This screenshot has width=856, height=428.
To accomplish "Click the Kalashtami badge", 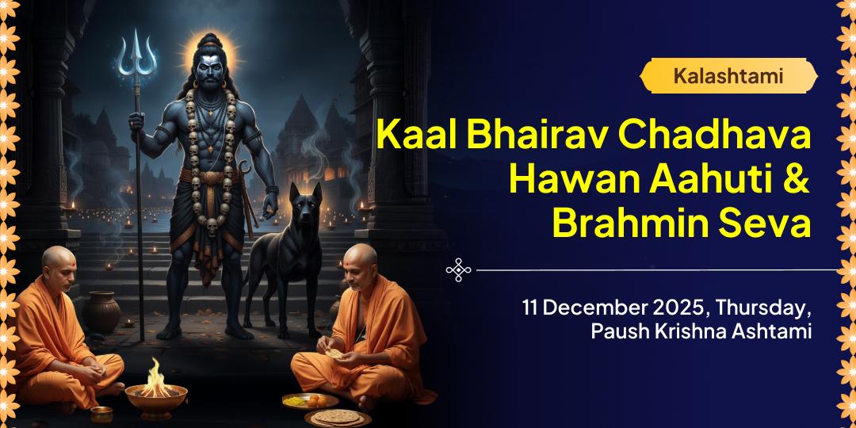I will pos(728,76).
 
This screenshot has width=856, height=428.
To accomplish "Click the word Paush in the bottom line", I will pos(618,331).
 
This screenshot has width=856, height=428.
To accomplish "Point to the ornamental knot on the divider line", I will pos(459,269).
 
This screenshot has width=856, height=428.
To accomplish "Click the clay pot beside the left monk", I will pos(101,311).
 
